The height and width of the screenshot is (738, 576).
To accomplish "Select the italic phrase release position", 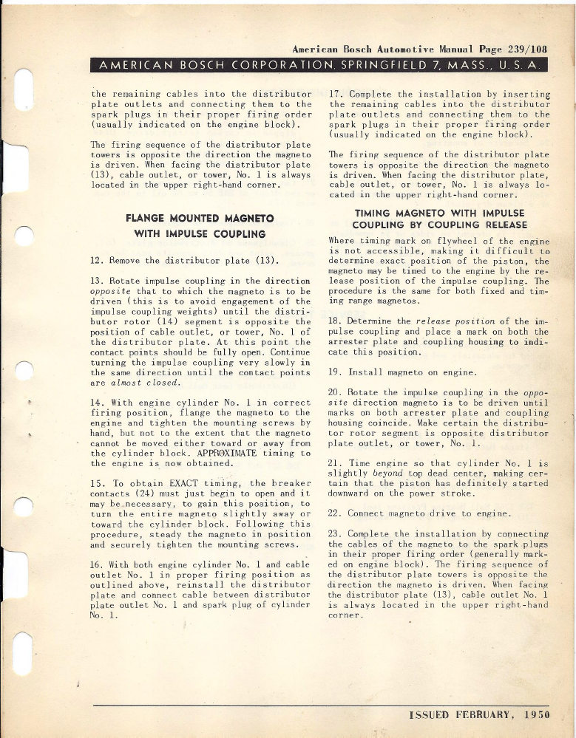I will [x=453, y=322].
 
